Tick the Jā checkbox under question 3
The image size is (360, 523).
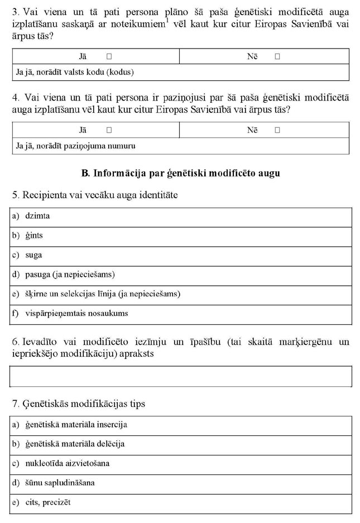point(109,56)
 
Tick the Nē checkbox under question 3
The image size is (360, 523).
point(277,56)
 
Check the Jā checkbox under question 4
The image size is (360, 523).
point(109,130)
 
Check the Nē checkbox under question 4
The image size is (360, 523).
point(277,130)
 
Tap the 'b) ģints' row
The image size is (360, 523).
point(181,236)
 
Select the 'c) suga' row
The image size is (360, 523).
point(181,255)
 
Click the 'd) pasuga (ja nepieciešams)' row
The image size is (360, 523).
point(181,275)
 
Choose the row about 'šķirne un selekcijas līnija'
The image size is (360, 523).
point(181,294)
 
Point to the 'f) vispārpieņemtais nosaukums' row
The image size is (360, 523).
point(181,314)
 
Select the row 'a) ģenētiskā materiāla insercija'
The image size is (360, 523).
point(181,425)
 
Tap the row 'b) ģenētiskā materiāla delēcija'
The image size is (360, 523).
point(181,444)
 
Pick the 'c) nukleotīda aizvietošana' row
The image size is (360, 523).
point(181,463)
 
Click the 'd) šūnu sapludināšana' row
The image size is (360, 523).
point(181,483)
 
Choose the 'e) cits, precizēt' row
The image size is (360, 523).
point(181,502)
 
